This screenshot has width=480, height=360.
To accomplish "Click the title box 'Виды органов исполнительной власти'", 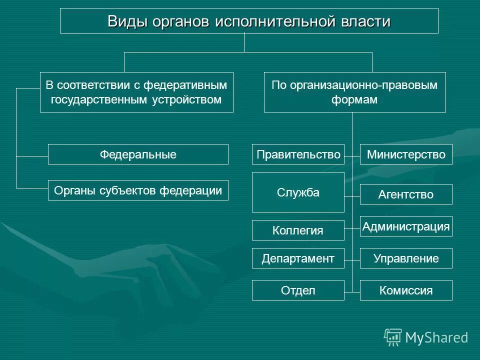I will click(x=249, y=21).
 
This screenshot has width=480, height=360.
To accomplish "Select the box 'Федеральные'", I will click(x=138, y=154).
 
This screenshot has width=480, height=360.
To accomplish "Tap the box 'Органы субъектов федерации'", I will click(x=138, y=190).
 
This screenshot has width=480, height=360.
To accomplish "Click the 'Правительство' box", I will click(x=298, y=154).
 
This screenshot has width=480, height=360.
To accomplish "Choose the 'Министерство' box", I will click(x=406, y=154).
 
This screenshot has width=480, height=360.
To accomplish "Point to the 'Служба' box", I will click(x=298, y=192).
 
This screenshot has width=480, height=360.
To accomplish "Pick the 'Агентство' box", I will click(x=406, y=194).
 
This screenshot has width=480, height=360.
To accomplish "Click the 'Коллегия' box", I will click(x=298, y=230).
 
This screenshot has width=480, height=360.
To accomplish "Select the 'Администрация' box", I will click(x=406, y=226).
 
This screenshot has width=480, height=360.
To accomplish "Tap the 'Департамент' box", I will click(x=298, y=258).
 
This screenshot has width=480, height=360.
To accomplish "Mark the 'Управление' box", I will click(x=406, y=258).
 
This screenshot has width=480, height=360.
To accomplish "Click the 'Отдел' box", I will click(x=298, y=290).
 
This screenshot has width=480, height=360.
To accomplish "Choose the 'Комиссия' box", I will click(x=406, y=290).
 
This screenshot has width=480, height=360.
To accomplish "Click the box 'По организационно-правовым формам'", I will click(x=354, y=92).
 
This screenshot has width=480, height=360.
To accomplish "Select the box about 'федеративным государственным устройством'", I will click(x=136, y=92).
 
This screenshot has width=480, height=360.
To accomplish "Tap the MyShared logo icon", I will click(x=393, y=337).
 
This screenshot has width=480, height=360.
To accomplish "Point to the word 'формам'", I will click(x=354, y=99).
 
